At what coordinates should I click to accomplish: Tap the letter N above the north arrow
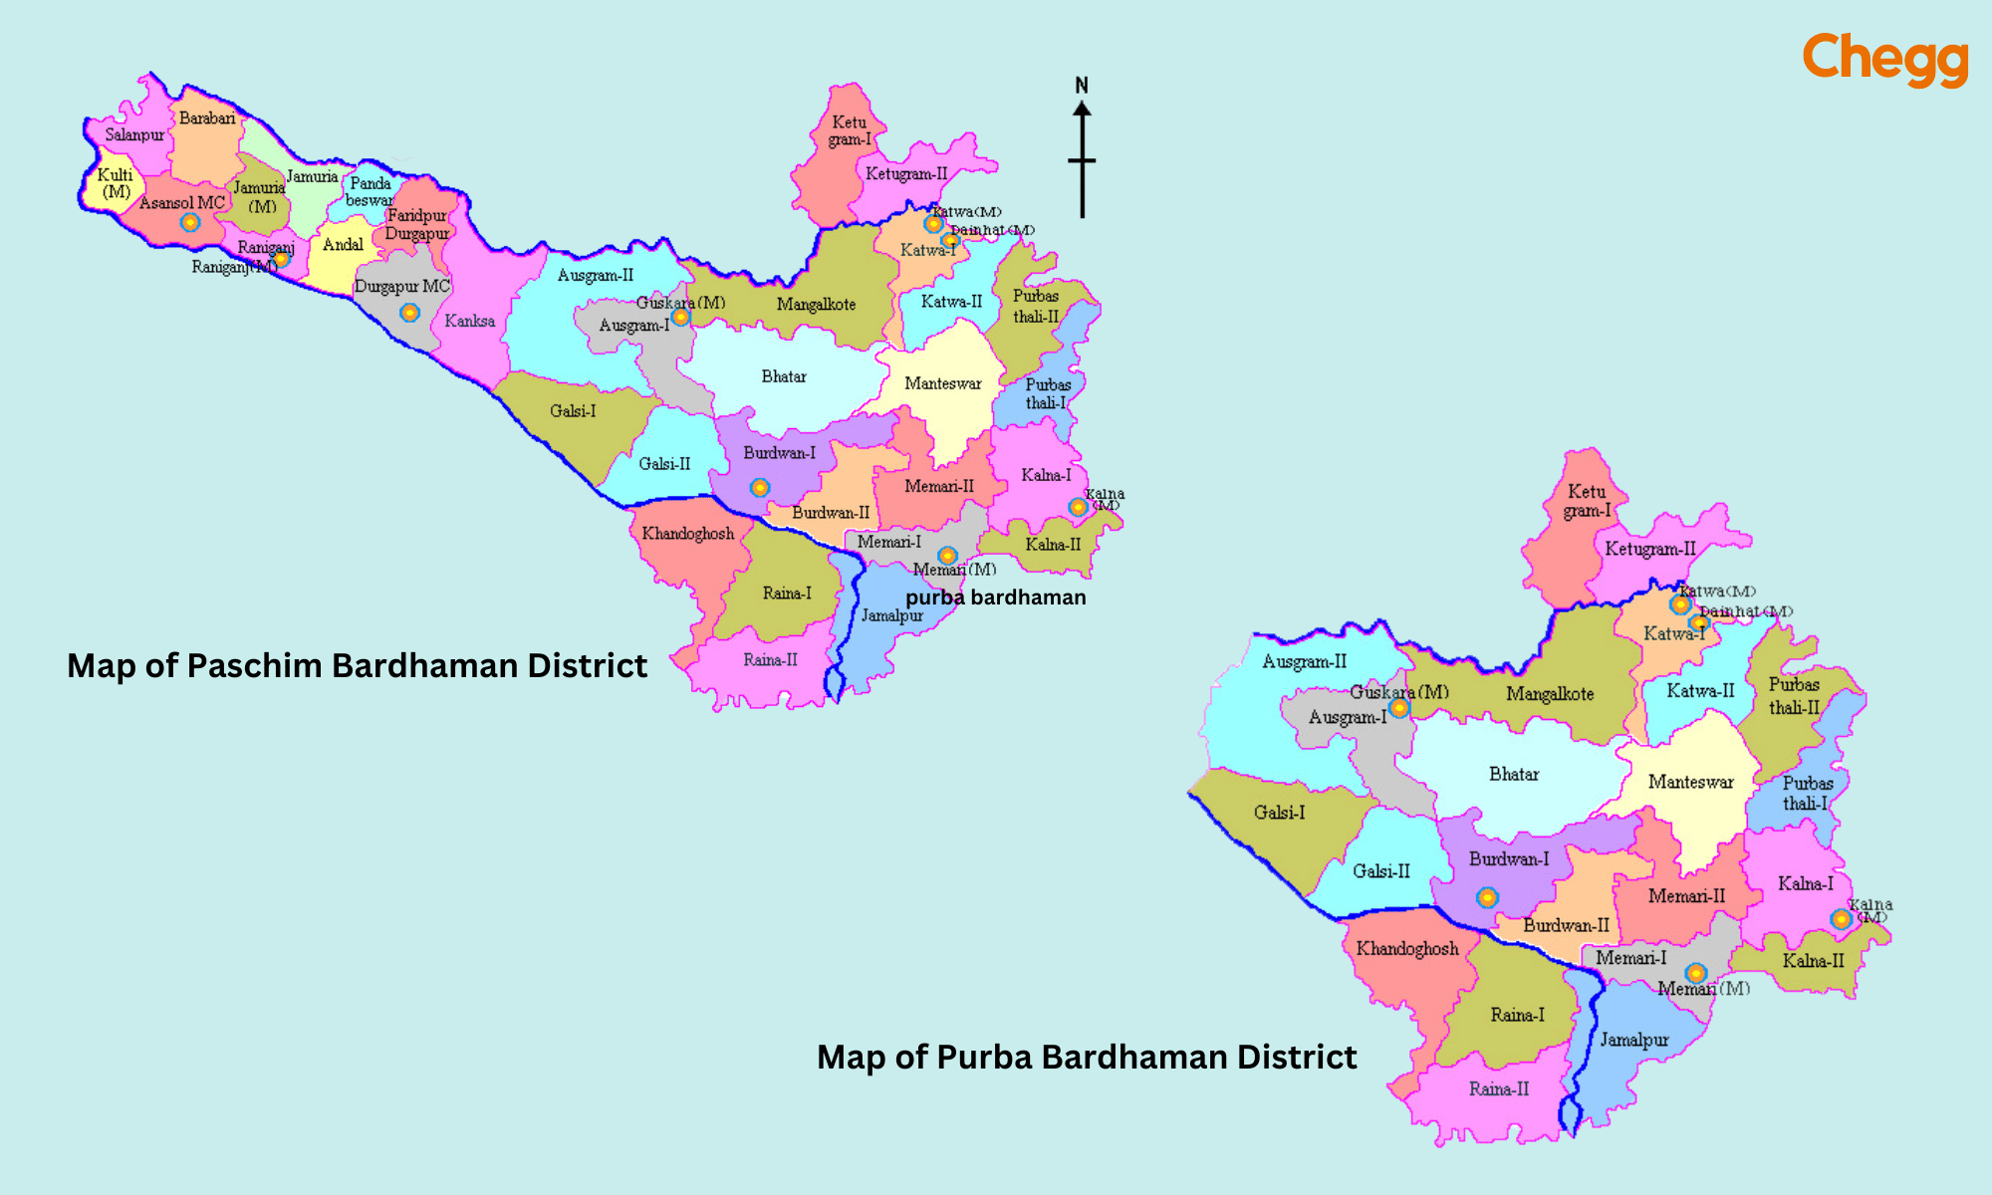1082,86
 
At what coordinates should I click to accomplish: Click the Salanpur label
134,134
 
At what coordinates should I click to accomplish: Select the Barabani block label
207,119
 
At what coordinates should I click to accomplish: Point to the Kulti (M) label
116,183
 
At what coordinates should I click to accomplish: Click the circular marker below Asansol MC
190,222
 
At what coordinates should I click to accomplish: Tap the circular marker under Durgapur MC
409,313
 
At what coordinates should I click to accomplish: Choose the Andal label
343,245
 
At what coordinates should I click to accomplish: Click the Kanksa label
469,321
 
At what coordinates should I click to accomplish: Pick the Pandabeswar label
370,192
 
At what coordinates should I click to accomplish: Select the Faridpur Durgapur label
417,225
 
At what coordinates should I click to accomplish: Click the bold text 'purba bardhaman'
995,597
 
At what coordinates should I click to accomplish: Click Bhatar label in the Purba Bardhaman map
1513,774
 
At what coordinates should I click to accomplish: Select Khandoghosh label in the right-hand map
1406,949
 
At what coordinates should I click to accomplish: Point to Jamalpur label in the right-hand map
1634,1040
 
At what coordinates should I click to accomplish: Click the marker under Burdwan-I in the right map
1487,897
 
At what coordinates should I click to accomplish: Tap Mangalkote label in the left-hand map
816,305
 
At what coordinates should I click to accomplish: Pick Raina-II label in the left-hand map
770,659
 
